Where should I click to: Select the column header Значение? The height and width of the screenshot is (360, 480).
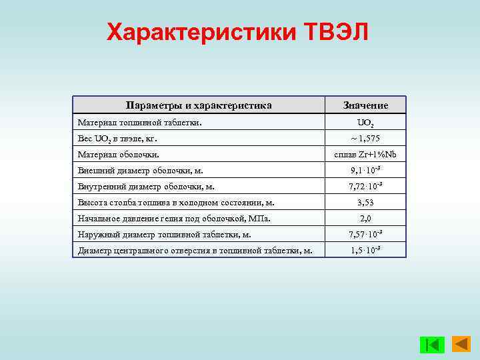click(x=365, y=105)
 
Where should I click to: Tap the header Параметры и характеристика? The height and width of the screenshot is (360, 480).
click(x=199, y=105)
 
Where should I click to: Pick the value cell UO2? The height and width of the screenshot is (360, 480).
click(x=365, y=123)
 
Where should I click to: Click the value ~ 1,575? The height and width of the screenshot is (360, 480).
click(x=365, y=139)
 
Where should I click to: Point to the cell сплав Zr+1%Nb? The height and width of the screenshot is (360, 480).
click(x=365, y=155)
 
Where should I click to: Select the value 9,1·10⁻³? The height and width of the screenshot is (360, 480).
click(x=365, y=171)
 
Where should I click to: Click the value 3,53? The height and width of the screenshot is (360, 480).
click(x=365, y=202)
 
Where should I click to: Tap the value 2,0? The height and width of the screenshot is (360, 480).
click(x=365, y=218)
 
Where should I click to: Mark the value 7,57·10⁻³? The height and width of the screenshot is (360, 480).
click(x=365, y=234)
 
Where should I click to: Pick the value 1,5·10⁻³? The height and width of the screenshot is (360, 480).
click(x=365, y=250)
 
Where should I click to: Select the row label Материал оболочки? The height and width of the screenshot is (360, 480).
click(x=117, y=155)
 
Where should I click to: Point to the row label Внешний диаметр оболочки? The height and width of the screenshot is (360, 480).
click(x=141, y=171)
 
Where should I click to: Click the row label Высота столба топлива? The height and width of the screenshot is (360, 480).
click(x=176, y=202)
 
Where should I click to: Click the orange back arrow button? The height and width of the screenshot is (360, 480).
click(x=461, y=344)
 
